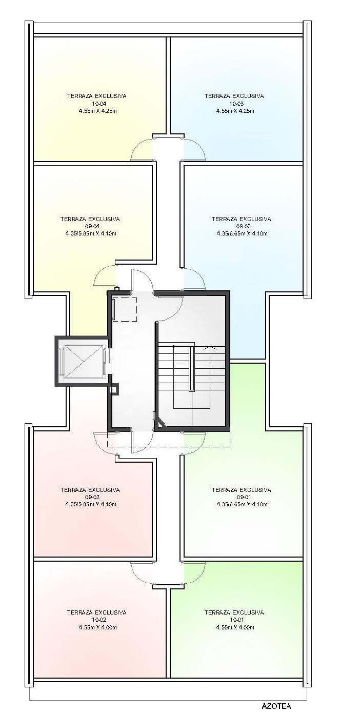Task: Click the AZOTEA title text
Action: (x=276, y=706)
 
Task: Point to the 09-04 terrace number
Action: (x=90, y=226)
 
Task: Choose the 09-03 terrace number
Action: (x=244, y=226)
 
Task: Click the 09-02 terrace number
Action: (x=90, y=498)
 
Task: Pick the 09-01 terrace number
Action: (x=244, y=498)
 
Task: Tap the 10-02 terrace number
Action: (x=98, y=620)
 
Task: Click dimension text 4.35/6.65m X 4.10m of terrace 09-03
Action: (x=242, y=233)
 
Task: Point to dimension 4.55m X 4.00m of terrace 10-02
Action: (x=98, y=627)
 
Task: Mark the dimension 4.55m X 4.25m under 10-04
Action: (x=98, y=111)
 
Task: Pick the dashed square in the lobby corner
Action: (x=125, y=309)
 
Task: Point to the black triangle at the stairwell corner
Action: (x=160, y=422)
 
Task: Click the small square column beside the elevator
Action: (x=114, y=389)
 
